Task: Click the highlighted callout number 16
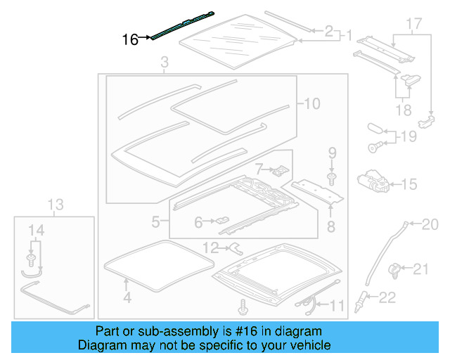tap(130, 39)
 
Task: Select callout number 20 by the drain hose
tap(429, 224)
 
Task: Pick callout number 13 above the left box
tap(56, 205)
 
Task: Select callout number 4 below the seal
tap(127, 297)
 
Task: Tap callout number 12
tap(211, 247)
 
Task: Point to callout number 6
tap(198, 222)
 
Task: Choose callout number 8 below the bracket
tap(330, 226)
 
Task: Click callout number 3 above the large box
tap(164, 65)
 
